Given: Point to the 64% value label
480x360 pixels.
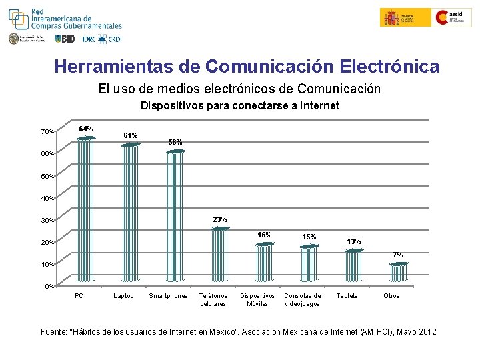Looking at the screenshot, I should click(x=86, y=129).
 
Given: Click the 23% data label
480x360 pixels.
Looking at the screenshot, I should click(x=220, y=219).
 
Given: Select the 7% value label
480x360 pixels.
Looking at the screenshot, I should click(x=397, y=255).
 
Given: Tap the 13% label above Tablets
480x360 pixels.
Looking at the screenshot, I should click(x=354, y=241).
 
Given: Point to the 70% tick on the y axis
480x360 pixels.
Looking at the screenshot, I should click(x=47, y=132).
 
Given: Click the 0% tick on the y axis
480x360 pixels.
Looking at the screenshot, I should click(x=49, y=287).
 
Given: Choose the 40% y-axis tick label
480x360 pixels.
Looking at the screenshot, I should click(x=47, y=198).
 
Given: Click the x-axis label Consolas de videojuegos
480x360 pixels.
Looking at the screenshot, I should click(x=302, y=300).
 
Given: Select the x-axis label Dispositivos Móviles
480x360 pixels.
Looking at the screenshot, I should click(x=257, y=300).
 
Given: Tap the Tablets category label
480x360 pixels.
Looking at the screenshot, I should click(x=347, y=296).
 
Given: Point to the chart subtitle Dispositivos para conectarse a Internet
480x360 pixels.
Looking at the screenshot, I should click(x=239, y=105).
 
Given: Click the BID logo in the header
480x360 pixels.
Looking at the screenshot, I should click(x=65, y=39).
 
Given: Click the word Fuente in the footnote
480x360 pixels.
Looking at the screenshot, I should click(x=55, y=331).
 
